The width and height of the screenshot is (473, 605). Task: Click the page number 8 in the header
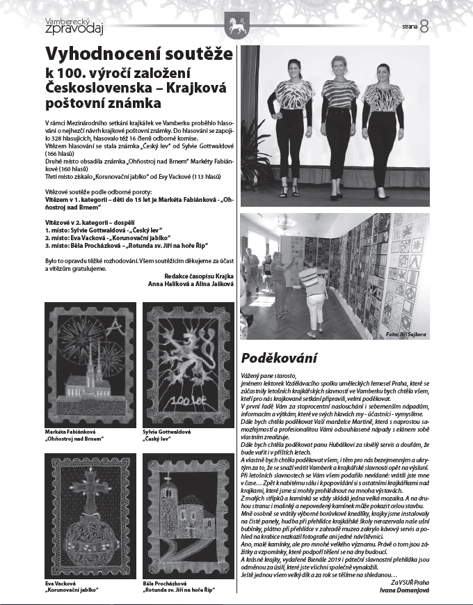[424, 26]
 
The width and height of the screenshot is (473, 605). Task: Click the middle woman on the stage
[339, 122]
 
